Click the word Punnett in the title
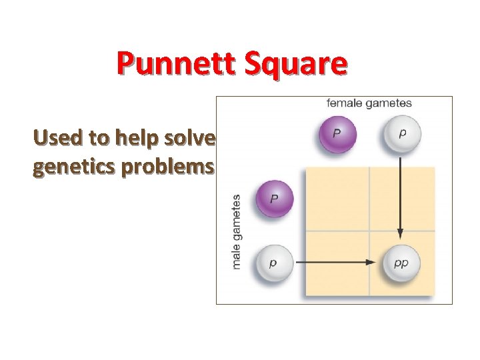(x=173, y=64)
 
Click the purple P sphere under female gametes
(x=337, y=133)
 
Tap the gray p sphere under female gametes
(x=401, y=133)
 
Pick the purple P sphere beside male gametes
(x=273, y=199)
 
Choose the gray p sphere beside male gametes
(x=273, y=263)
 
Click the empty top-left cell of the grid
(x=337, y=199)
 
